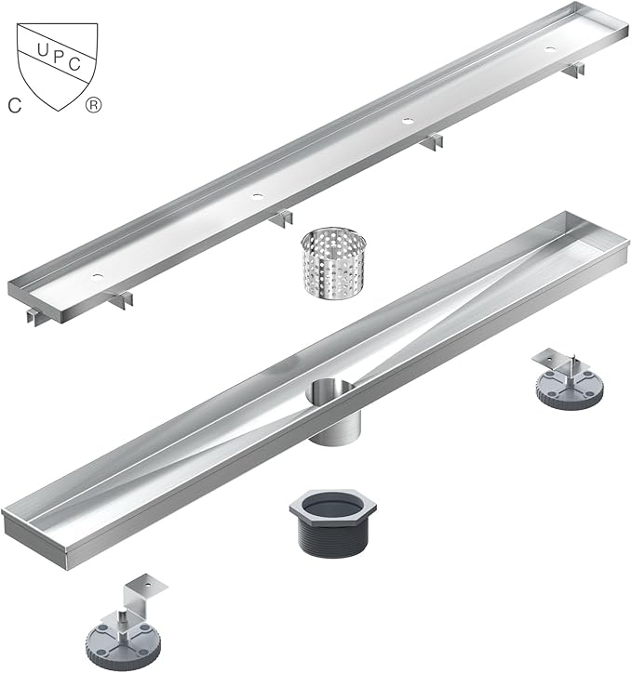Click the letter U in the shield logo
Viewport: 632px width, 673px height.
tap(43, 50)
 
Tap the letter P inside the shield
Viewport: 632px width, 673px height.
tap(59, 57)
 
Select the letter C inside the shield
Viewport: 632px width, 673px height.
tap(74, 64)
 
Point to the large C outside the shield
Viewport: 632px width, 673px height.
tap(15, 106)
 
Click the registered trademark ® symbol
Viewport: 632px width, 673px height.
tap(93, 105)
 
